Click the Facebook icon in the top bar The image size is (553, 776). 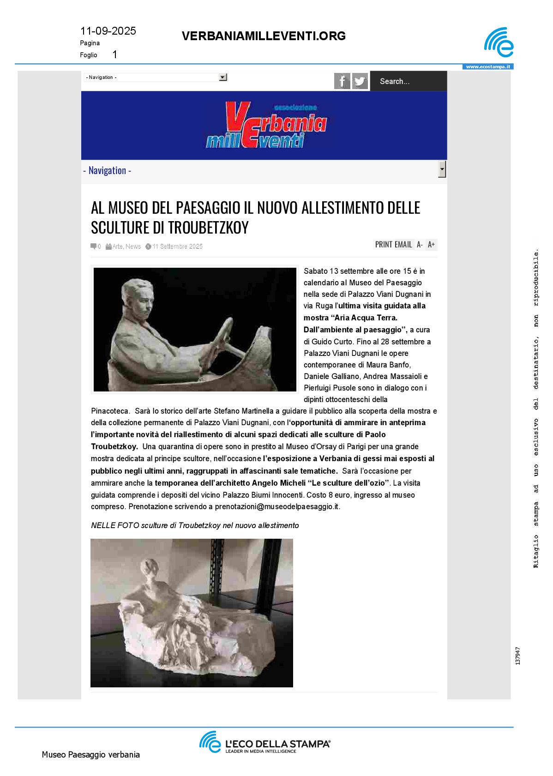point(342,81)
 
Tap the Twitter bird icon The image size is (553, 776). point(360,81)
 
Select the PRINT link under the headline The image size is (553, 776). point(384,245)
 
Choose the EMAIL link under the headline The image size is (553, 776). point(403,245)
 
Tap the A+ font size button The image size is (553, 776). point(432,245)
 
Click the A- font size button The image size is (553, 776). point(420,245)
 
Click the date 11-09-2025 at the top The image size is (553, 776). point(108,31)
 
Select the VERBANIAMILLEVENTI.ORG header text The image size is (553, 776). point(264,36)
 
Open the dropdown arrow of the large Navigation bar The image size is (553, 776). point(442,169)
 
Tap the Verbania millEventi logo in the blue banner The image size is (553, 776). point(266,125)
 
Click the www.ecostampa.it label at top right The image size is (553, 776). point(488,67)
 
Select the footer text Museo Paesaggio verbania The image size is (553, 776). point(90,755)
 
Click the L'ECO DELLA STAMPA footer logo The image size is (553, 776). point(264,742)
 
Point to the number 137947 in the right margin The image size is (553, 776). point(518,656)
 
